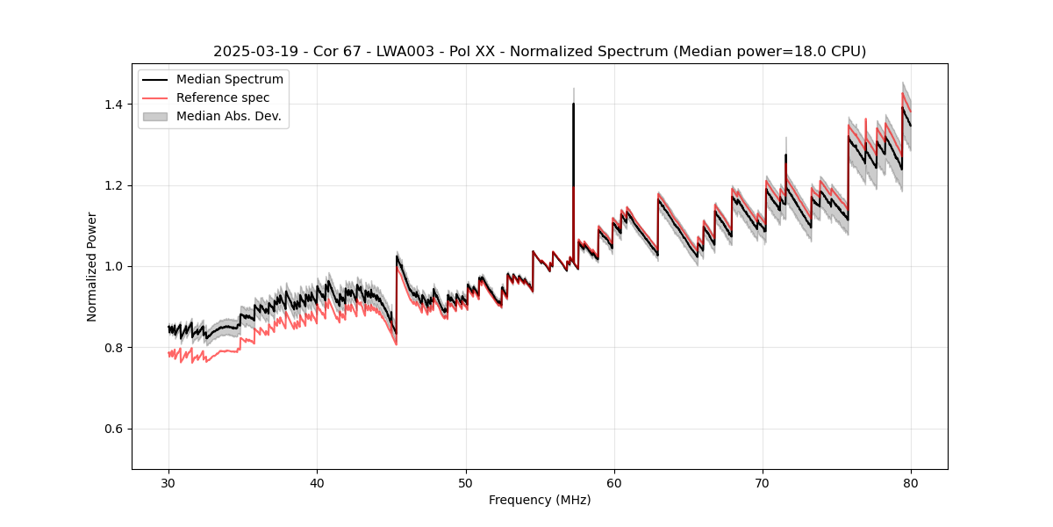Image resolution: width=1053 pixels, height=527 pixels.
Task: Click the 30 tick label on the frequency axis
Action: pos(168,483)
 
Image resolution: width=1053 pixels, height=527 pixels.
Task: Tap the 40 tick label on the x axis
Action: pos(317,483)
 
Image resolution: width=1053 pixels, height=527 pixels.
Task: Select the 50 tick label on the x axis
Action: pos(466,483)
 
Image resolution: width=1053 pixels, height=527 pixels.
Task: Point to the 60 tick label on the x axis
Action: pos(614,483)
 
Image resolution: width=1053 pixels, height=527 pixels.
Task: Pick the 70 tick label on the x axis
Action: pos(763,483)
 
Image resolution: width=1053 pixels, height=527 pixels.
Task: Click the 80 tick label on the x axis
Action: pos(911,483)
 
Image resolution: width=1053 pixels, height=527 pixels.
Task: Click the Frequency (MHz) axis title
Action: pos(540,501)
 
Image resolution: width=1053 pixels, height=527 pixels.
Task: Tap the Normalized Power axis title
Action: pos(92,266)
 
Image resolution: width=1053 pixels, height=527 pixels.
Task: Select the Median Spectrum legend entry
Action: pos(229,80)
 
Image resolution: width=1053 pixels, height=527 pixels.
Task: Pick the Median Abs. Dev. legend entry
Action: pos(228,116)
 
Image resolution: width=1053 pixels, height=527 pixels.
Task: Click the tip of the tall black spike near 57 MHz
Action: pos(573,104)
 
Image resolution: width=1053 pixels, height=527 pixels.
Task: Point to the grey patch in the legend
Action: pos(156,116)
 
